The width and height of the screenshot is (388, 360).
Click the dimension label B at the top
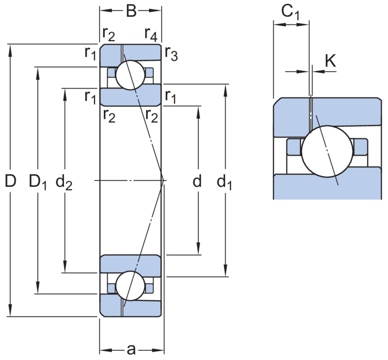coord(131,11)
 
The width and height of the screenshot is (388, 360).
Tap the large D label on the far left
coord(11,181)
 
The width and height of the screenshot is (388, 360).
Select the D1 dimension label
coord(38,182)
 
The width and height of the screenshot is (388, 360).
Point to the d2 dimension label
coord(64,182)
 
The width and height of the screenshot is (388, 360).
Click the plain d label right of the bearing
coord(197,181)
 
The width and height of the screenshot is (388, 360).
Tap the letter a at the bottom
coord(131,350)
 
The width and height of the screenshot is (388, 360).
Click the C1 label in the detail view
coord(291,13)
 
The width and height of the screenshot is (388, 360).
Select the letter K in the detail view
coord(330,61)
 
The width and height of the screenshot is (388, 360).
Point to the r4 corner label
coord(151,34)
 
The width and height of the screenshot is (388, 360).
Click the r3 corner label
coord(172,53)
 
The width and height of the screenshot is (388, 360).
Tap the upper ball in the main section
coord(130,75)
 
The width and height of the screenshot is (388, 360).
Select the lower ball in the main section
coord(130,286)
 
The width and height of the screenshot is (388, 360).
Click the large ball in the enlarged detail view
coord(327,151)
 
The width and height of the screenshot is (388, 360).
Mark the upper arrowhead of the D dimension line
coord(10,50)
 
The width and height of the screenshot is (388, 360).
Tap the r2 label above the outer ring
coord(109,34)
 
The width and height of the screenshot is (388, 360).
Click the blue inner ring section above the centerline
coord(130,95)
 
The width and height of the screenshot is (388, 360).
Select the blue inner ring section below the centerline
coord(130,266)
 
